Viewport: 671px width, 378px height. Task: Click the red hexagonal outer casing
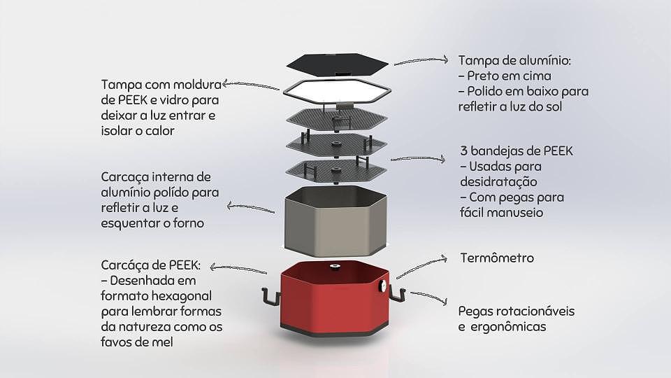click(x=334, y=301)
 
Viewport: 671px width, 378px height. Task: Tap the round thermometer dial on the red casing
click(x=383, y=286)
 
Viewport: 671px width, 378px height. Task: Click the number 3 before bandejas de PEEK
click(x=464, y=150)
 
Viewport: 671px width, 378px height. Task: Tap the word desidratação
click(x=498, y=181)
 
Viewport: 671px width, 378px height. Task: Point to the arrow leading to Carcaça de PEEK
click(x=241, y=269)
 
